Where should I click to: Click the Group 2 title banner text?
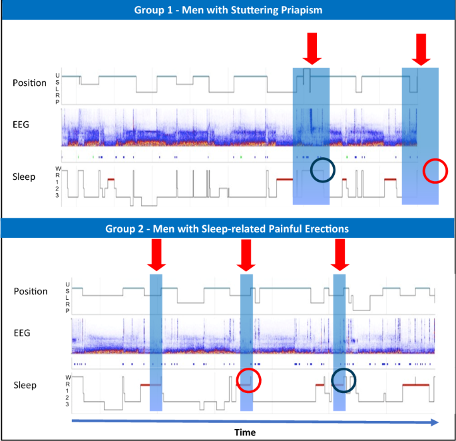click(x=227, y=228)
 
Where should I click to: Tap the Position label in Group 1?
click(x=29, y=83)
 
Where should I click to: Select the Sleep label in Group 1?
click(x=25, y=177)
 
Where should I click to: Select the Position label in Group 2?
click(x=31, y=291)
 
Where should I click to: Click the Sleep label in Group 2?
click(x=25, y=385)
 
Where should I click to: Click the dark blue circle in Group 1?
click(x=323, y=171)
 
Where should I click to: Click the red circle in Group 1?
click(x=435, y=171)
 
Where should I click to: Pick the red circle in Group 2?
click(x=249, y=380)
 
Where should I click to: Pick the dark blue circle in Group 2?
click(x=343, y=379)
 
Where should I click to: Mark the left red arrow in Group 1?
click(x=311, y=47)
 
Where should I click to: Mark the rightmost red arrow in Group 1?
click(x=420, y=48)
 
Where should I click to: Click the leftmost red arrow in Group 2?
click(x=156, y=254)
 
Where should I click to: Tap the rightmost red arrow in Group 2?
click(x=340, y=254)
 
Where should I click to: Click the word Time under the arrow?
click(x=244, y=432)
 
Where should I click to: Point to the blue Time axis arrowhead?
click(x=434, y=422)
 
